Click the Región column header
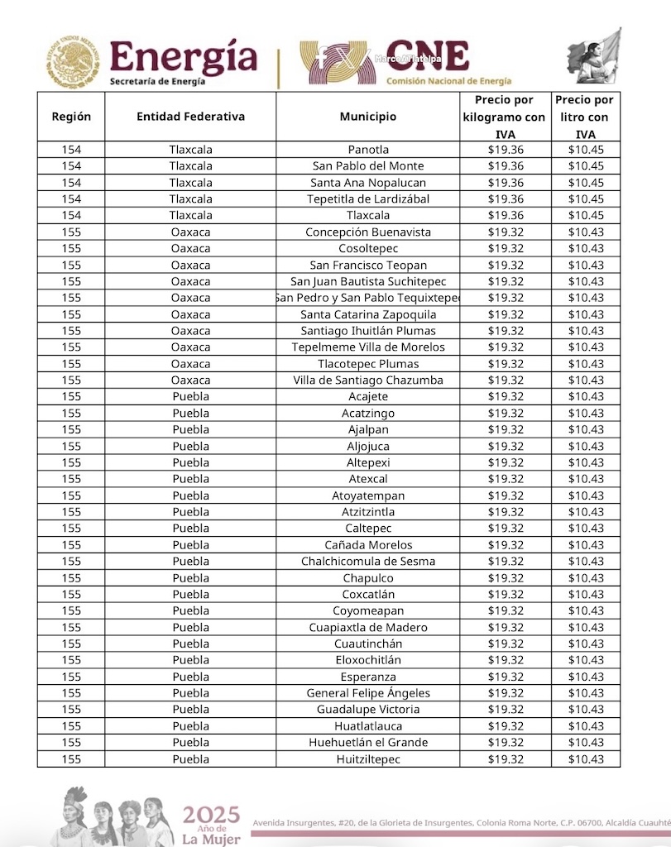click(71, 117)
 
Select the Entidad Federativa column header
click(190, 117)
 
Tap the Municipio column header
click(367, 117)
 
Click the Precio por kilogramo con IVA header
click(504, 117)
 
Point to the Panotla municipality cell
click(367, 150)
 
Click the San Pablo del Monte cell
click(367, 166)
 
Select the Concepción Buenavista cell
click(367, 232)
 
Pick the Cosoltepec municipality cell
click(367, 248)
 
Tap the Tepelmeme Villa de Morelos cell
click(367, 347)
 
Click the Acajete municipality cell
click(367, 396)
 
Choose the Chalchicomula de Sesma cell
click(367, 561)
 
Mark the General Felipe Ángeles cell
click(367, 693)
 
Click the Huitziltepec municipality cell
click(367, 759)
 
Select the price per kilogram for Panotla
click(505, 150)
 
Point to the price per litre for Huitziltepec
click(586, 759)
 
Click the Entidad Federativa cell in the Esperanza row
click(190, 677)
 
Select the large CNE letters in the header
click(428, 56)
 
